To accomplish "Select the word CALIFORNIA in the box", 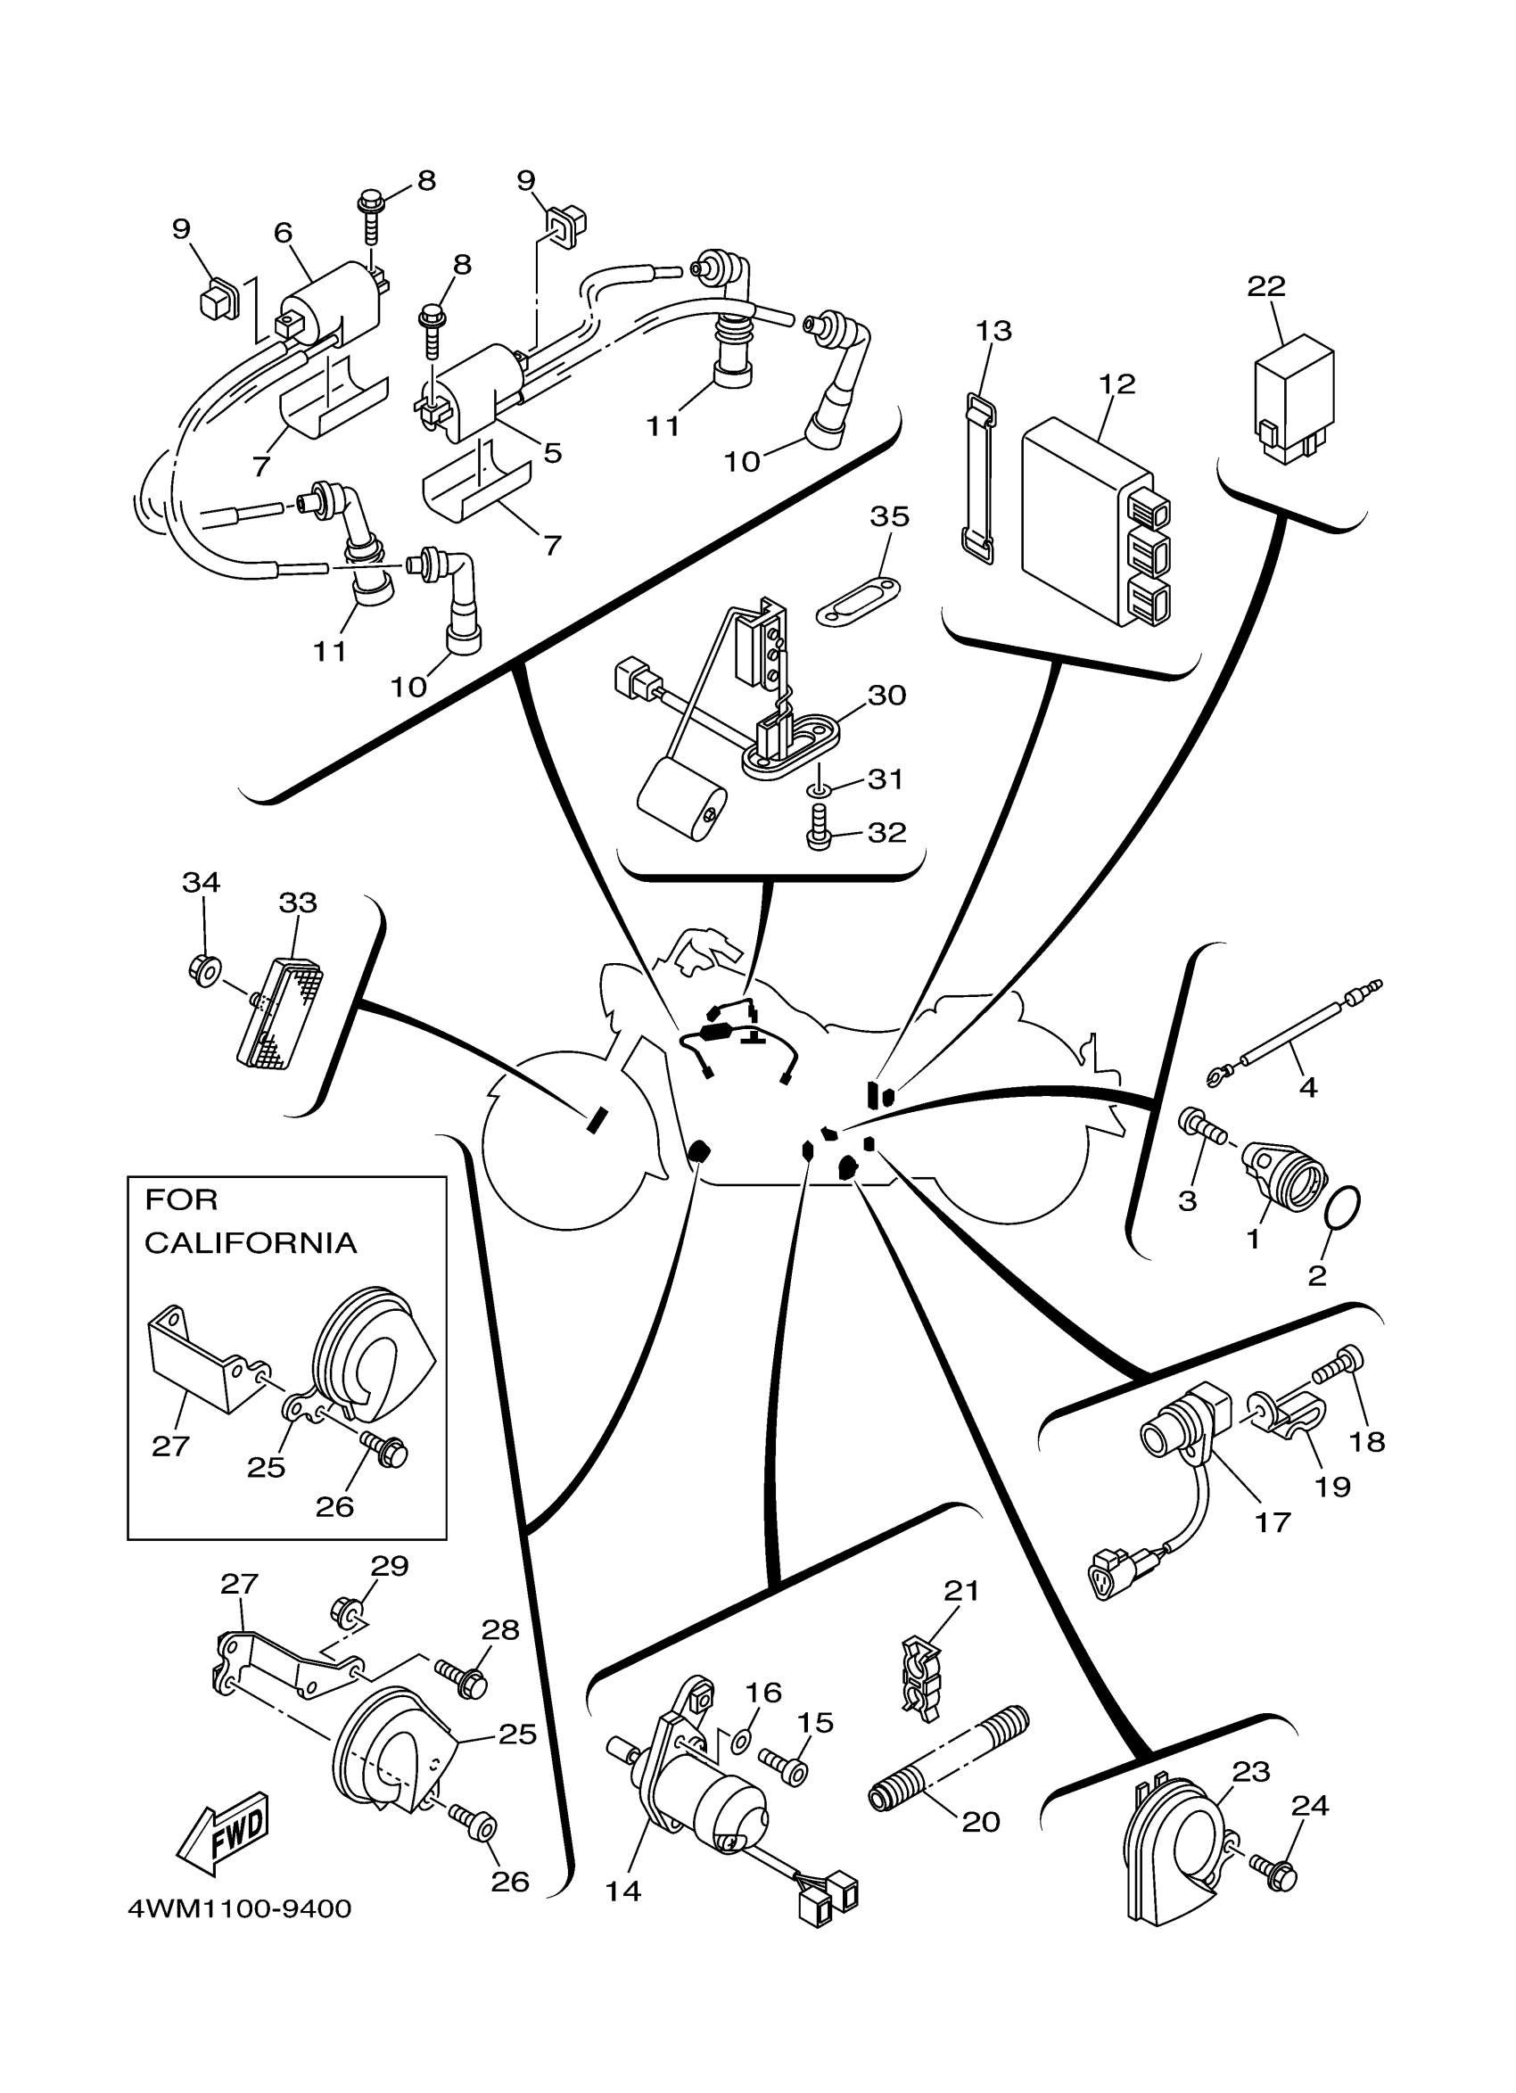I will (x=250, y=1242).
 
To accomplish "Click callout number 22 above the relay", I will (x=1266, y=286).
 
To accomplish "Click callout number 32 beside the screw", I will (x=886, y=832).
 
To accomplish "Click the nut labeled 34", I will (x=203, y=969).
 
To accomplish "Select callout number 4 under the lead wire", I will (x=1307, y=1087).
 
